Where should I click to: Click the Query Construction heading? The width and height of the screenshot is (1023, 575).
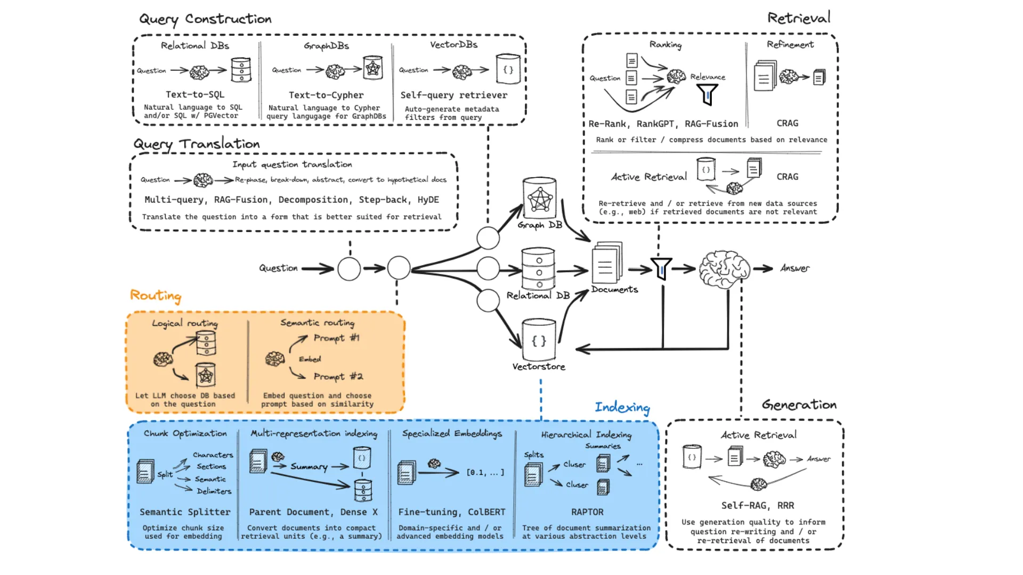(x=205, y=19)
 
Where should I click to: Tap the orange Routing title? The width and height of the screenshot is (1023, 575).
(x=156, y=295)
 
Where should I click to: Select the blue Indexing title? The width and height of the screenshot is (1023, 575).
(x=622, y=408)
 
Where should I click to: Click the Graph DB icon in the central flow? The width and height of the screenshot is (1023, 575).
(x=540, y=198)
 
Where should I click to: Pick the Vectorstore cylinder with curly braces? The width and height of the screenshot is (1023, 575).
(x=539, y=340)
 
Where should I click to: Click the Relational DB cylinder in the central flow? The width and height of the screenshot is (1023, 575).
(x=538, y=269)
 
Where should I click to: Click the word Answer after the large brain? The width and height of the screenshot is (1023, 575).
(x=794, y=268)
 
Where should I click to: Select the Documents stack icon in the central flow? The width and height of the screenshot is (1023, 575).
(x=606, y=263)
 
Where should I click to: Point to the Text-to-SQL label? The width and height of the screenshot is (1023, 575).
(x=195, y=94)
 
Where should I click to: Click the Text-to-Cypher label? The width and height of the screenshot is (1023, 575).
(x=326, y=95)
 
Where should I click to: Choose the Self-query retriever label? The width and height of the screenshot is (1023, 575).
(x=453, y=95)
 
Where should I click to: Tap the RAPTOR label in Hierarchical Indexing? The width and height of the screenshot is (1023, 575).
(x=587, y=512)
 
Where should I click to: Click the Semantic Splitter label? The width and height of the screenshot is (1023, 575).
(x=185, y=512)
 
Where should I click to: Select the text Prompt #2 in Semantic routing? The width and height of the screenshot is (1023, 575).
(x=338, y=376)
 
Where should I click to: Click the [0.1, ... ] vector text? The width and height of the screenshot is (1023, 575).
(x=485, y=472)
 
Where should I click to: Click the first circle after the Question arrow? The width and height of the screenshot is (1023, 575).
(x=349, y=269)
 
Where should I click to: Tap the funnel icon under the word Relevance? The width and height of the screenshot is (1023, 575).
(x=707, y=95)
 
